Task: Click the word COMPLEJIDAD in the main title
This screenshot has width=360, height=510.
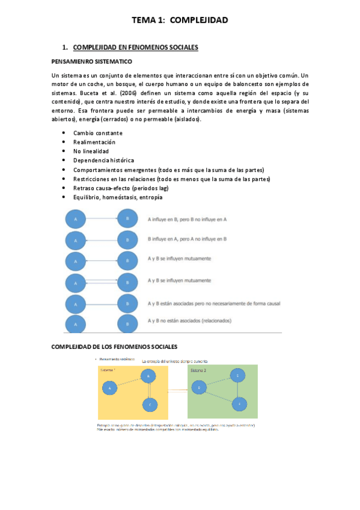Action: click(199, 20)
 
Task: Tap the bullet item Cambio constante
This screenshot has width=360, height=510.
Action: click(97, 133)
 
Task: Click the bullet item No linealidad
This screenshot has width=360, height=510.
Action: click(91, 151)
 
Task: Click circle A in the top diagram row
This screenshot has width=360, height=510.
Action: click(76, 219)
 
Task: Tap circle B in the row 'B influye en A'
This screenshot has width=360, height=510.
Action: click(127, 240)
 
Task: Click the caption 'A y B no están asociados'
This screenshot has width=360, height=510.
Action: click(189, 321)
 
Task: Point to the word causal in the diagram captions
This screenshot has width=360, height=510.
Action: click(271, 303)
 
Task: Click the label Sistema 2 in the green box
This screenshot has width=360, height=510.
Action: click(199, 370)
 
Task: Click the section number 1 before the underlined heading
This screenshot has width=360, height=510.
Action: click(64, 47)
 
